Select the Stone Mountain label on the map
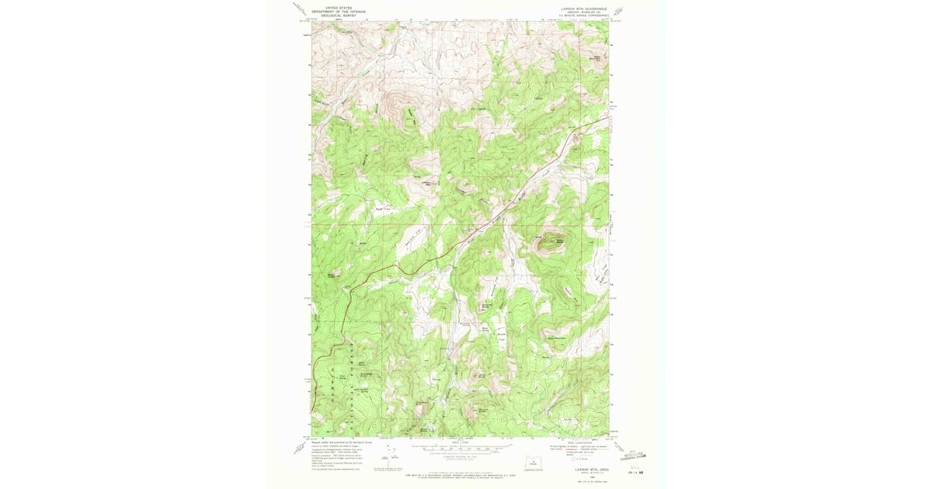(x=558, y=338)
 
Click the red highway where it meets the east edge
(x=607, y=119)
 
